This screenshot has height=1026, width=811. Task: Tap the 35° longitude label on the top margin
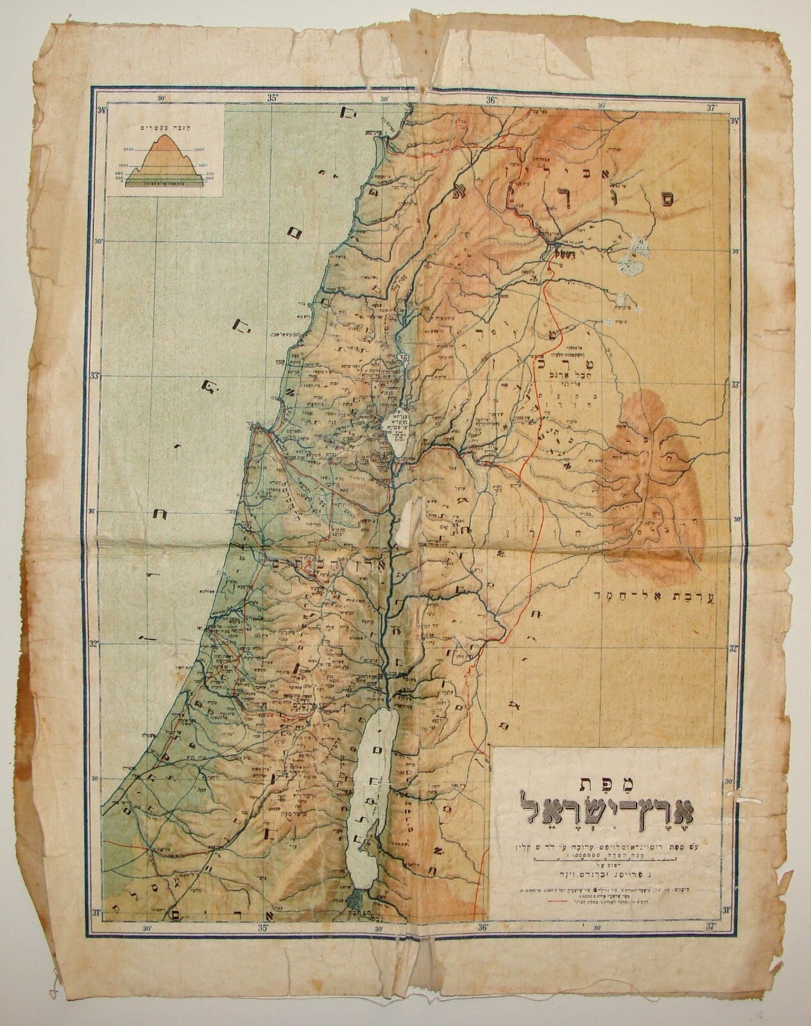coord(272,99)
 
